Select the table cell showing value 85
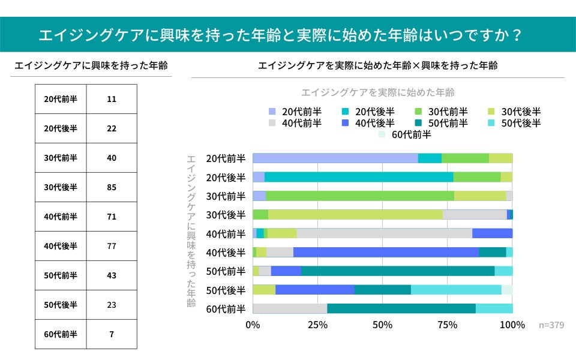coord(112,187)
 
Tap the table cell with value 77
coord(112,246)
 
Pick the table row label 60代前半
coord(61,334)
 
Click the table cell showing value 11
coord(112,99)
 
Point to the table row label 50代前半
coord(61,275)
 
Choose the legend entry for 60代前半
coord(405,134)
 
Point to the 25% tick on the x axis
coord(317,325)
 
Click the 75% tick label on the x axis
coord(448,325)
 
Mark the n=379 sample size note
coord(551,325)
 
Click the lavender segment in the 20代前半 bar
coord(335,158)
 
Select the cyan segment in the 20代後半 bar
coord(359,177)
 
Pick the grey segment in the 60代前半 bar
coord(290,308)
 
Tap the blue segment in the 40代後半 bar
coord(386,252)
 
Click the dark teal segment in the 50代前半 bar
coord(397,271)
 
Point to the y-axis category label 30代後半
coord(226,215)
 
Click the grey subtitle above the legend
coord(377,92)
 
